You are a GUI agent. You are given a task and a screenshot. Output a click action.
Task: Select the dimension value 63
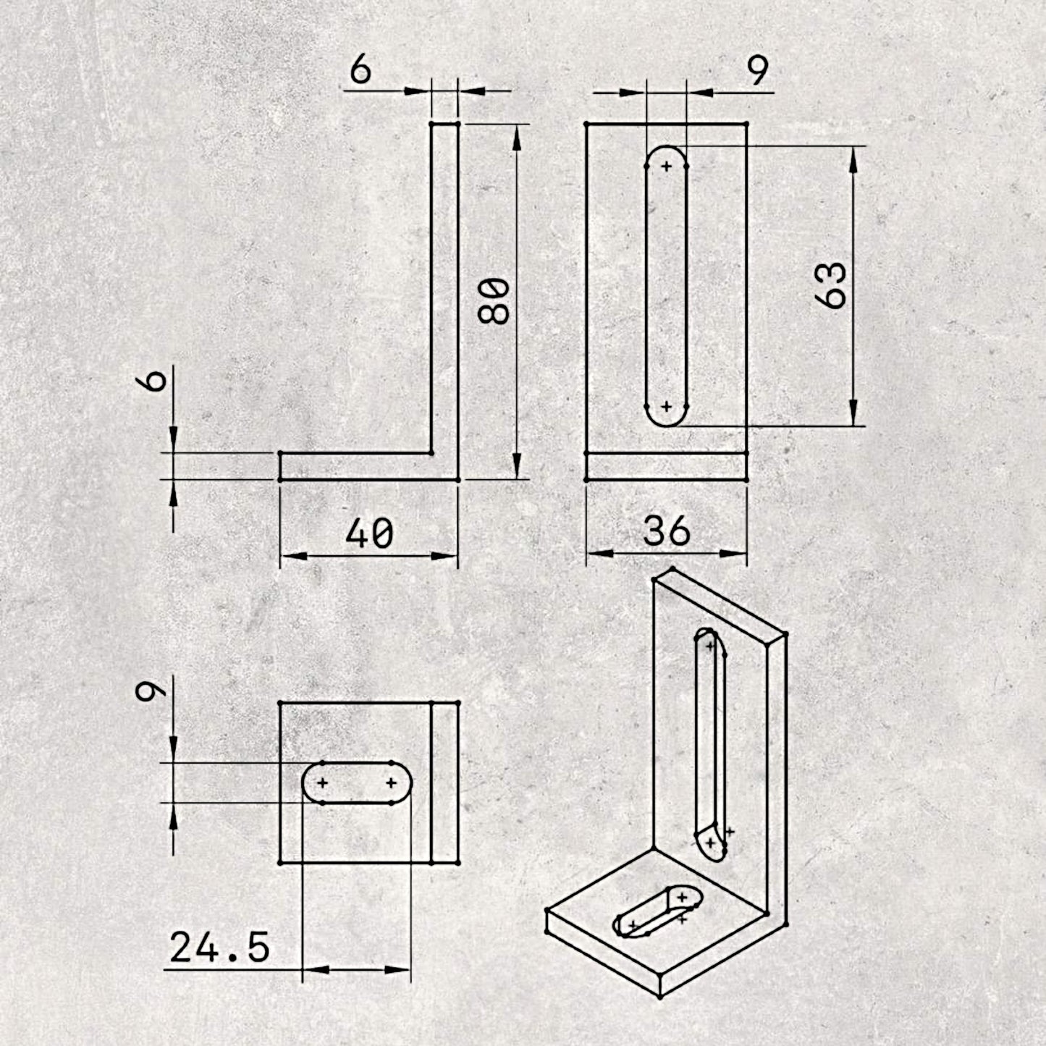point(831,285)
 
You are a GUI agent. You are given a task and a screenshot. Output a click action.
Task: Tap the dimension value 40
point(369,533)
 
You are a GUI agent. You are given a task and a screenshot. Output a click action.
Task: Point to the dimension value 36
point(667,531)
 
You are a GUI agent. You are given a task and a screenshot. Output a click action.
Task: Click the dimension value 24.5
point(220,948)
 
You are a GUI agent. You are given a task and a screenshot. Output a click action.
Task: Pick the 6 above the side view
point(360,70)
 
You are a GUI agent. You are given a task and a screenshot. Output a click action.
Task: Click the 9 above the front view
point(758,70)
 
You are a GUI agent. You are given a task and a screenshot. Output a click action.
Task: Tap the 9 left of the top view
point(151,693)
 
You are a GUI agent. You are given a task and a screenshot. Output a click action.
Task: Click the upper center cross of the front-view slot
point(667,166)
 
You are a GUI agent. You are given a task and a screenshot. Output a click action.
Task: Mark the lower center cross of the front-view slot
point(667,406)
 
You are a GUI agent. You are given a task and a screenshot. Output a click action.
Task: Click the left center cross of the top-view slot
point(322,783)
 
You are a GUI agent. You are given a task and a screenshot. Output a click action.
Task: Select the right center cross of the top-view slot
point(392,783)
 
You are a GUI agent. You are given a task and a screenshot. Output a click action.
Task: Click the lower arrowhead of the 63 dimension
point(853,413)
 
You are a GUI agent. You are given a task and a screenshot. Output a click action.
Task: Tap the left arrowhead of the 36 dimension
point(600,554)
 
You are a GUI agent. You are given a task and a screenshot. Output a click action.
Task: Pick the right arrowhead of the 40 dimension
point(444,556)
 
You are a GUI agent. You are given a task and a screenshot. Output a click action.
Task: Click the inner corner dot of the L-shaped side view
point(431,452)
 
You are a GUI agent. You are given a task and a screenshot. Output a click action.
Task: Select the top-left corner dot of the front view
point(586,125)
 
